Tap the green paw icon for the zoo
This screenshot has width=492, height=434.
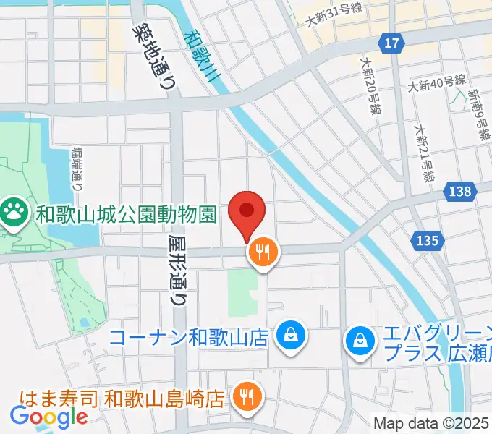[x=14, y=213]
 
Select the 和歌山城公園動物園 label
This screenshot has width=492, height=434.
[x=127, y=214]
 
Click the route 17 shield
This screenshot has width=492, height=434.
[x=391, y=43]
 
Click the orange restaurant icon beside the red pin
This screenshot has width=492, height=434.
[x=262, y=253]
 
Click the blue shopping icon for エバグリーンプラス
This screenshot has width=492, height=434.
[x=360, y=337]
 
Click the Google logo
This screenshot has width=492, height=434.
[x=48, y=416]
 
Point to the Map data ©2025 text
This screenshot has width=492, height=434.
[x=430, y=423]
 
